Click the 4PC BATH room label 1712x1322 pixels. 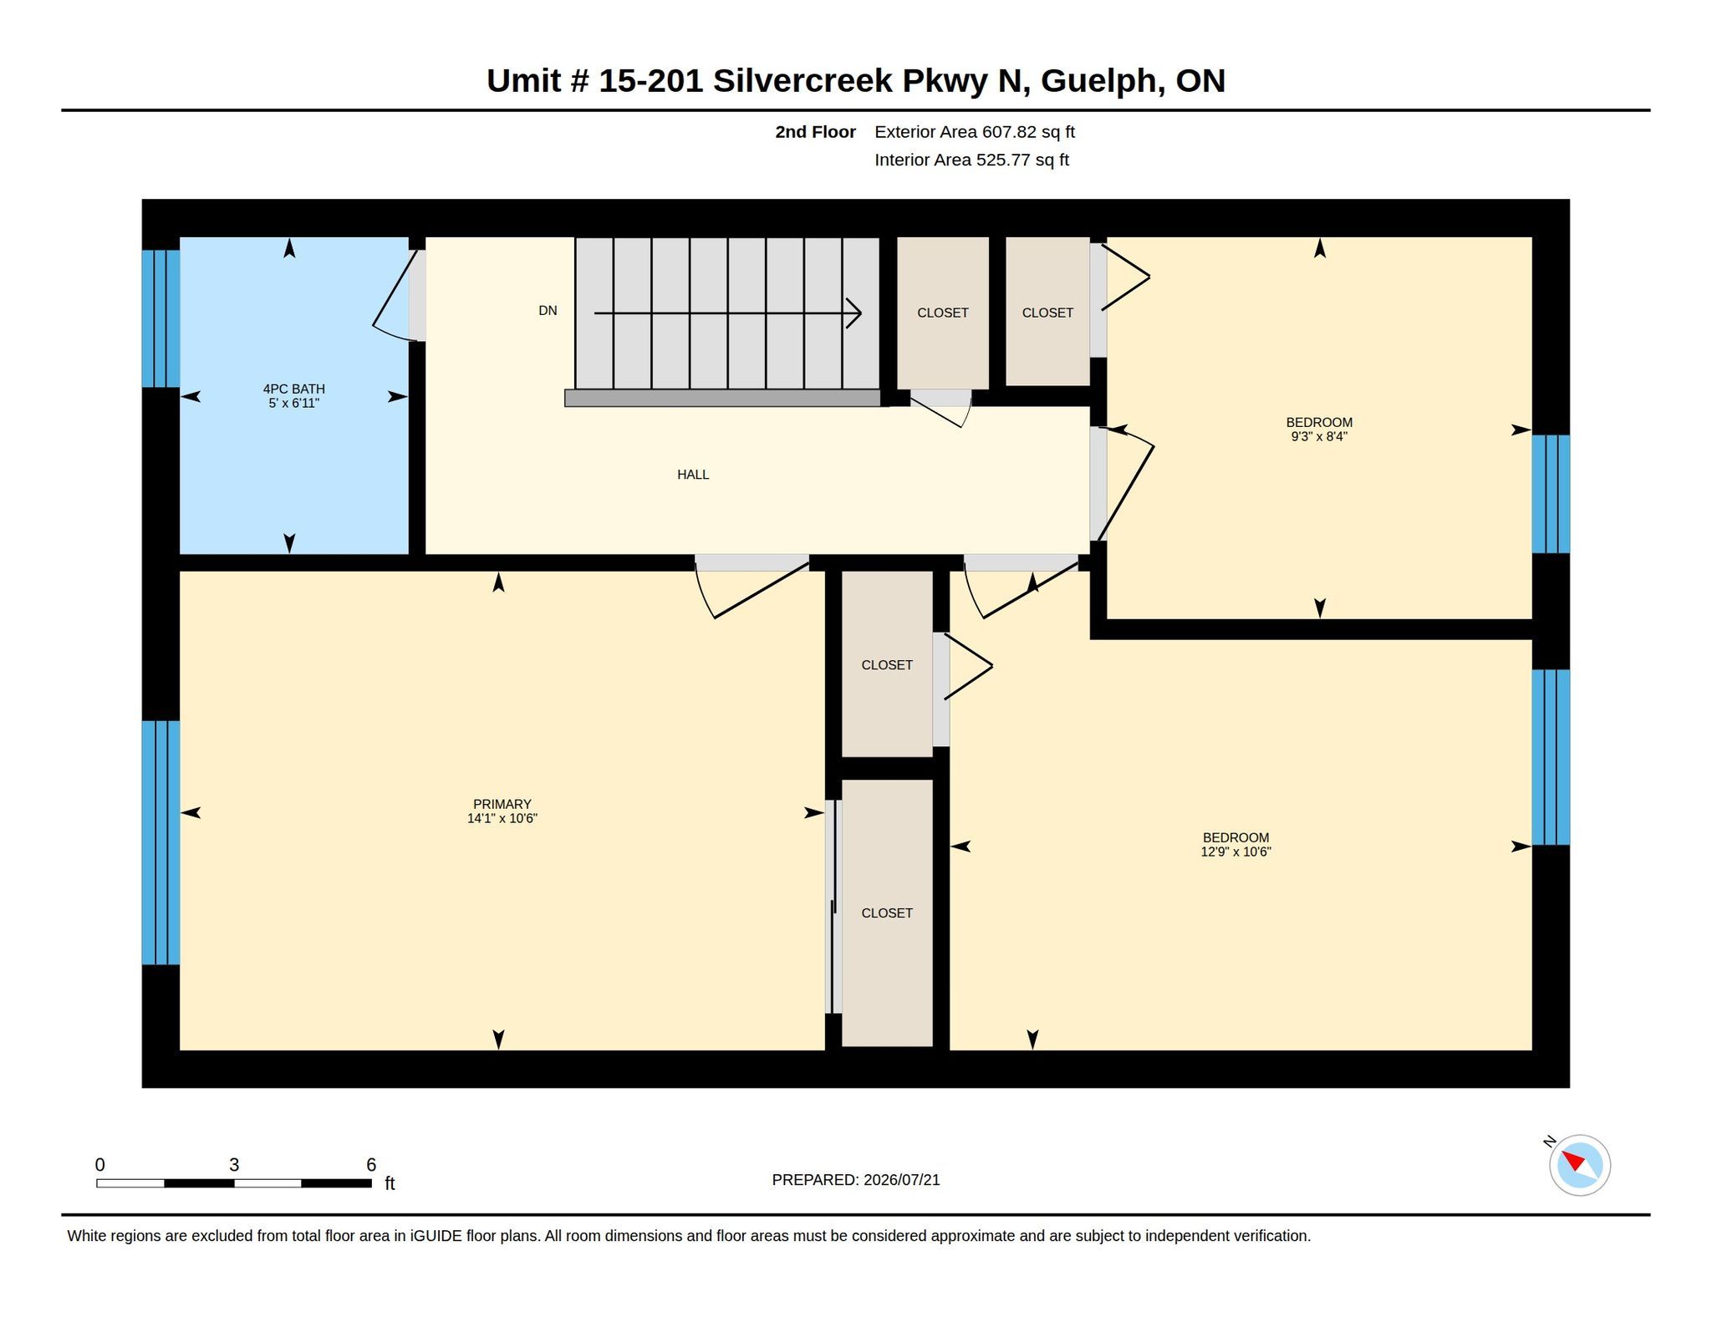(x=293, y=389)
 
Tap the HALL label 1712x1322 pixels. (x=693, y=475)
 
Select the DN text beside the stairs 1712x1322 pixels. (x=548, y=311)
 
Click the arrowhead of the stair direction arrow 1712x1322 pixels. (x=854, y=313)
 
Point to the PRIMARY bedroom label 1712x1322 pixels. (x=502, y=804)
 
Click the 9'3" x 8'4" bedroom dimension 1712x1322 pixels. (x=1319, y=436)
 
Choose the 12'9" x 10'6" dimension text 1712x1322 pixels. (x=1236, y=852)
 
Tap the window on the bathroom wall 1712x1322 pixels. (x=160, y=318)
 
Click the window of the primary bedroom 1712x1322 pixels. (x=160, y=842)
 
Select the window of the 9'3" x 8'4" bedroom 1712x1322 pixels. (x=1551, y=494)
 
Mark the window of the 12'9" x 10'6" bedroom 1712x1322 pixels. (x=1551, y=757)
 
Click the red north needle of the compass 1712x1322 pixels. (x=1572, y=1161)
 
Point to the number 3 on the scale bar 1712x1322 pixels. (x=234, y=1165)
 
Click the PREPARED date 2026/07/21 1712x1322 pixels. (x=902, y=1180)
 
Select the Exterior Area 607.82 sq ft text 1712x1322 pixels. (x=975, y=132)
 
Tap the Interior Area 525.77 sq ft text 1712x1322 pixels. (x=971, y=160)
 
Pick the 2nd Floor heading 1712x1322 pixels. (x=815, y=132)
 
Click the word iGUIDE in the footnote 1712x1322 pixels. (x=436, y=1236)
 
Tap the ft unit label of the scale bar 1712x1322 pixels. (x=390, y=1183)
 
